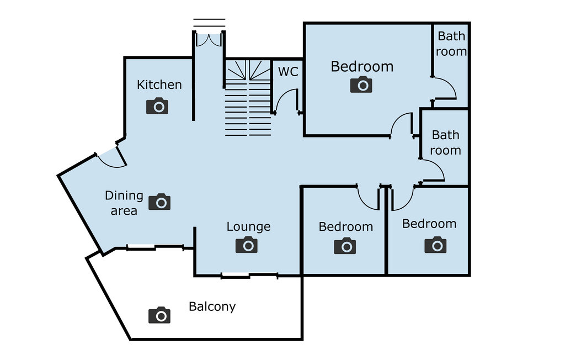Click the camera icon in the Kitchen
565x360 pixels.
(157, 106)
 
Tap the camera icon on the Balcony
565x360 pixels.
(159, 315)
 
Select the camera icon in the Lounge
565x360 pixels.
(247, 245)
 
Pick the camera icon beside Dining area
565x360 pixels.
(159, 202)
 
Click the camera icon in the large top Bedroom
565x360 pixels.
(361, 84)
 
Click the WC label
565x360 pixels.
(288, 71)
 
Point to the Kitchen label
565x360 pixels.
(159, 85)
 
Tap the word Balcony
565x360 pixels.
(212, 306)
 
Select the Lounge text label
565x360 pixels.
(249, 226)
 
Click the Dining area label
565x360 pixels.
(124, 203)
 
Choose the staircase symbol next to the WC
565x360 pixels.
(248, 98)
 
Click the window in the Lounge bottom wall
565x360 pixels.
(249, 276)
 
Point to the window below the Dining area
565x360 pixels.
(155, 247)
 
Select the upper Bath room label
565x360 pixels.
(451, 44)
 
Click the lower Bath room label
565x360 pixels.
(446, 142)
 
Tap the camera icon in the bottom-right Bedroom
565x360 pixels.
(435, 245)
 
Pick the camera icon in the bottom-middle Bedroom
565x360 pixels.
(345, 246)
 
